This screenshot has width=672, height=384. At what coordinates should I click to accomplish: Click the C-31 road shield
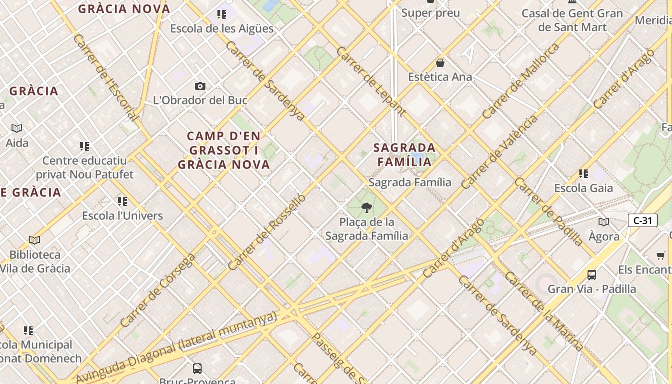(642, 220)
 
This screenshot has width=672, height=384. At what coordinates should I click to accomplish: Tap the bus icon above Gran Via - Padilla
(592, 275)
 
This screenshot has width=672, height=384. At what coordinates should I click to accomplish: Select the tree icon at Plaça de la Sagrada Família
(367, 208)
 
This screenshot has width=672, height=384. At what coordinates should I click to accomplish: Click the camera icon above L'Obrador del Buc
(200, 86)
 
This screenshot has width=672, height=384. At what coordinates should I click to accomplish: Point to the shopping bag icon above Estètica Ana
(440, 63)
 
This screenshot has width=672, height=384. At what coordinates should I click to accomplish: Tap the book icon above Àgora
(604, 222)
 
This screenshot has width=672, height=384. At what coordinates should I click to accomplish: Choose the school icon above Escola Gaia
(584, 174)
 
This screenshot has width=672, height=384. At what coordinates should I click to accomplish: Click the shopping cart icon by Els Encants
(661, 255)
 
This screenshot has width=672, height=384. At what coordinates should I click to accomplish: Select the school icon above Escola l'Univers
(122, 202)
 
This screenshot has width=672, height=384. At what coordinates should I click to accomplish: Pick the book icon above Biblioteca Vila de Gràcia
(35, 240)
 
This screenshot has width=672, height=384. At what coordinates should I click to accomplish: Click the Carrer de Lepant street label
(371, 81)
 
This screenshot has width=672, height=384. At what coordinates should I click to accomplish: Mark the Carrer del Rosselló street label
(266, 232)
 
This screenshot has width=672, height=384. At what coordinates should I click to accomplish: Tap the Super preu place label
(431, 13)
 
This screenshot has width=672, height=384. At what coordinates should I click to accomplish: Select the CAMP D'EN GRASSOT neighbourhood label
(224, 150)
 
